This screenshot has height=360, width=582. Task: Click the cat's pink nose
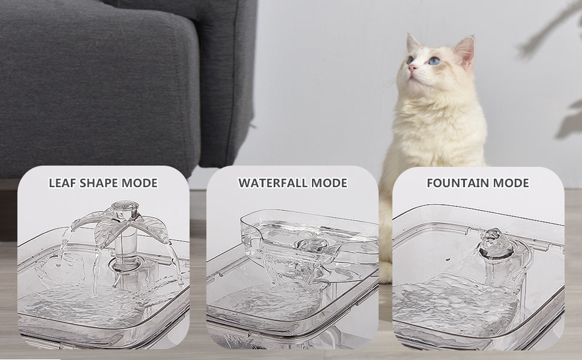tap(412, 68)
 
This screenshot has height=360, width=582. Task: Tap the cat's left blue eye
tap(434, 61)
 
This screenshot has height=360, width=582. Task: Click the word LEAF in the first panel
tap(62, 183)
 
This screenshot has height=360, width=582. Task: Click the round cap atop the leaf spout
tap(125, 205)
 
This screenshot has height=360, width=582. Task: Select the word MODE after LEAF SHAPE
tap(140, 183)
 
